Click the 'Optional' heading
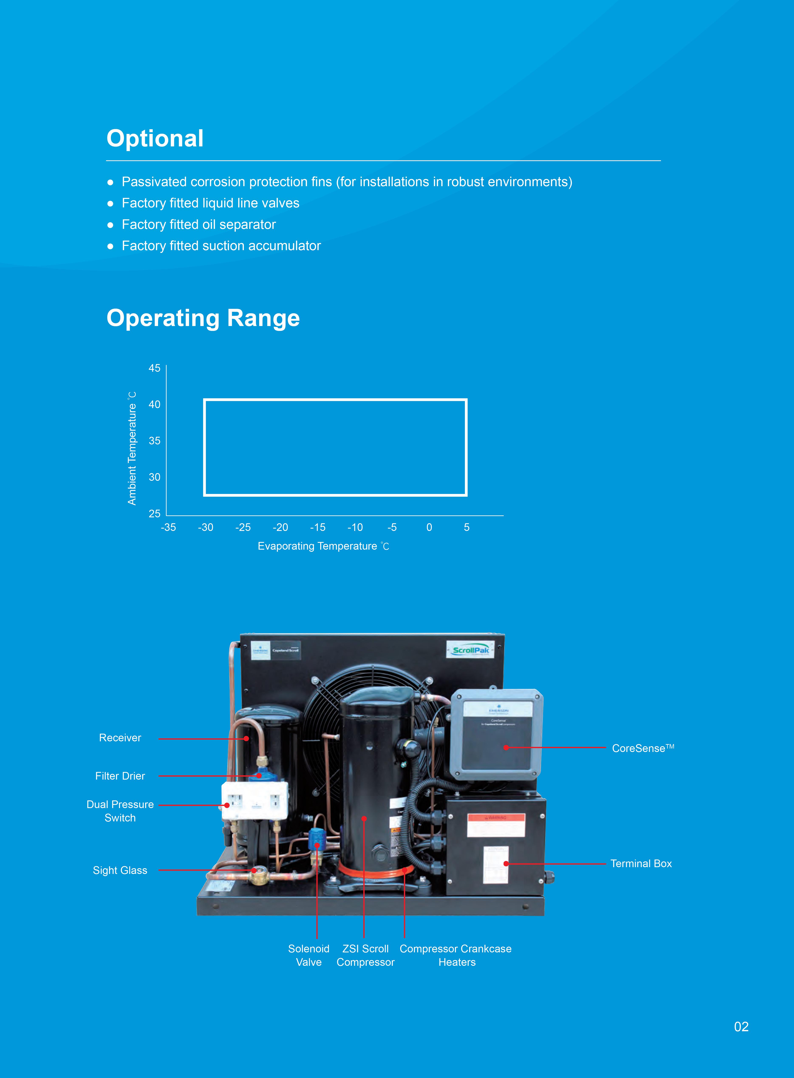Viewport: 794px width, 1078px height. (155, 139)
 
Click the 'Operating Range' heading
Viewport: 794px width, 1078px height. (203, 318)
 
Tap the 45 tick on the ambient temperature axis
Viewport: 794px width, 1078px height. (154, 368)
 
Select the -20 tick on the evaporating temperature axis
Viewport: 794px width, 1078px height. (280, 528)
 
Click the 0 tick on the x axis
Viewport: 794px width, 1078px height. (429, 528)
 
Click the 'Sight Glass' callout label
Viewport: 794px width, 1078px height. (120, 870)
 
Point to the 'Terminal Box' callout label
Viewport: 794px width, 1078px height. (641, 864)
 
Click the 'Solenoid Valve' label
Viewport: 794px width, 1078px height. (309, 955)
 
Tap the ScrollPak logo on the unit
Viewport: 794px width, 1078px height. (470, 650)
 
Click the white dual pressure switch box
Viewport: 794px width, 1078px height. (255, 801)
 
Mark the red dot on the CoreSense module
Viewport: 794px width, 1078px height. (506, 748)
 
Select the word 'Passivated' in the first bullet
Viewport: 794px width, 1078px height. (154, 182)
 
